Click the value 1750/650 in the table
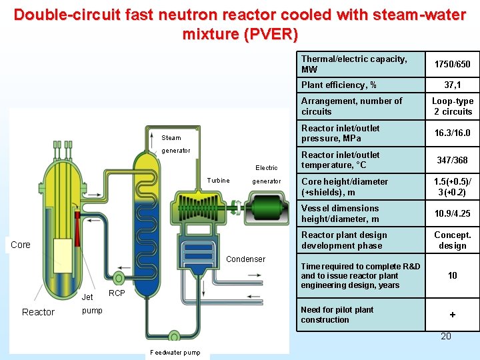point(452,64)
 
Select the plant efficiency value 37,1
point(452,85)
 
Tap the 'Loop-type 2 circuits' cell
point(452,106)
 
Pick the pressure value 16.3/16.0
point(452,133)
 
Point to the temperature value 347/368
point(452,160)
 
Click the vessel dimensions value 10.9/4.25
point(452,213)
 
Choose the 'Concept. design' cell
point(452,240)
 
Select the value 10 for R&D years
point(452,275)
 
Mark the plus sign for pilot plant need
point(452,315)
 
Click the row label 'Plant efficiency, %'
point(339,85)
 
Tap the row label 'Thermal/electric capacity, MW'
point(353,64)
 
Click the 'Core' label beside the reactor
point(21,245)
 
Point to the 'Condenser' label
point(246,259)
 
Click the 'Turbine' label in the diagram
point(218,181)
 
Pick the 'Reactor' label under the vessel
point(38,312)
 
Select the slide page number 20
point(446,336)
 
